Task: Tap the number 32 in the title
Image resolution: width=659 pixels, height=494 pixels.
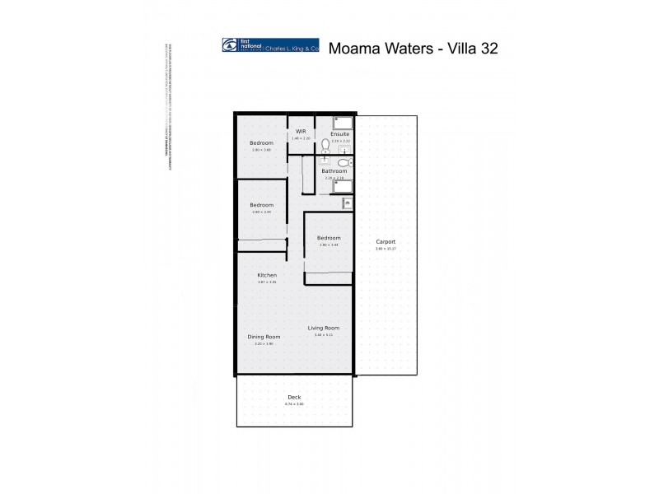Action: point(485,49)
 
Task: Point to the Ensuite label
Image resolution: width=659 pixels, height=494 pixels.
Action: point(340,134)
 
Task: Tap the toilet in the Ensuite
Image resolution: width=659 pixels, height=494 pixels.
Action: point(325,144)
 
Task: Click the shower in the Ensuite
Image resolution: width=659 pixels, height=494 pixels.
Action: point(342,123)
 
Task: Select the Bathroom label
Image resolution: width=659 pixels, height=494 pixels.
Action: point(334,171)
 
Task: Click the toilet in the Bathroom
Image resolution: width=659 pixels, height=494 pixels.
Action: point(344,163)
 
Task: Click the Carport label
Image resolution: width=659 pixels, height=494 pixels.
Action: point(386,242)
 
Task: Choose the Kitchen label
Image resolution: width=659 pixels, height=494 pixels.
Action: point(267,275)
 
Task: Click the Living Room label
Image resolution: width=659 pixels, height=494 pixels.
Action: point(324,329)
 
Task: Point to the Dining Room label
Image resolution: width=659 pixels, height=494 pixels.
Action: point(264,337)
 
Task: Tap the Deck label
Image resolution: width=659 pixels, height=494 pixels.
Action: point(294,398)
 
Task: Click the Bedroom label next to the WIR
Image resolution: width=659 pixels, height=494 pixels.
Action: point(261,143)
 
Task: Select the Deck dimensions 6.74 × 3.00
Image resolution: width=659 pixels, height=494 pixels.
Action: point(294,404)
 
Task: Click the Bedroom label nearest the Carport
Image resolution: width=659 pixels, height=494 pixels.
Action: point(329,238)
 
